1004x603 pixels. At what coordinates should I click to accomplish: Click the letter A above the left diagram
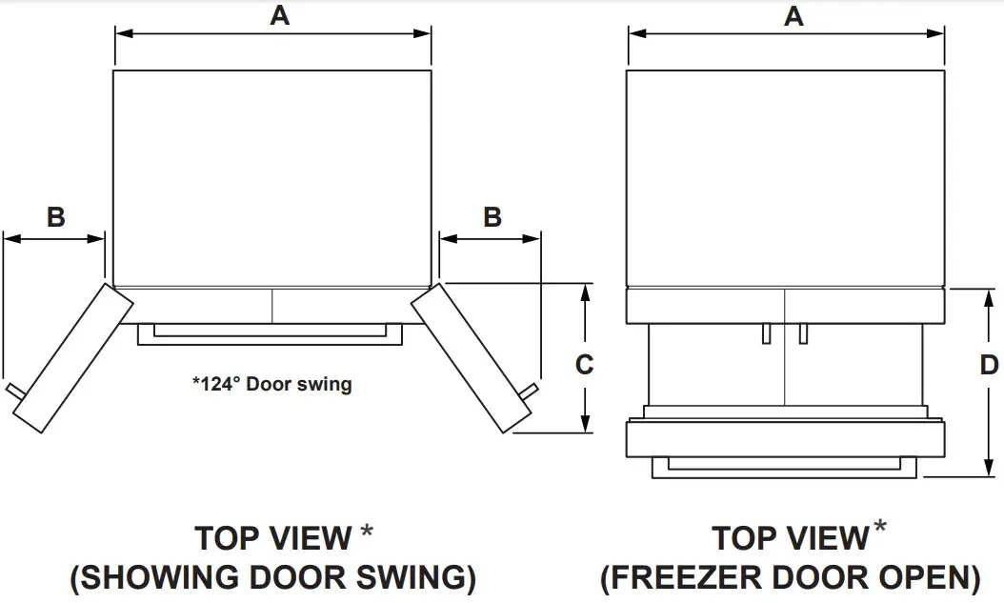(279, 15)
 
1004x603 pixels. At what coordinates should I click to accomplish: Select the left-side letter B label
(56, 217)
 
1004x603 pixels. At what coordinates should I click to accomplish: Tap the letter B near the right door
(492, 217)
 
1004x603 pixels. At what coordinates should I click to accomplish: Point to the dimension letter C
(585, 364)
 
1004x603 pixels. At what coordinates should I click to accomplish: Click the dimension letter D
(989, 365)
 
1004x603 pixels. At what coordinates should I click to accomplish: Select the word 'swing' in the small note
(327, 386)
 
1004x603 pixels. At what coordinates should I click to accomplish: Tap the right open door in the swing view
(471, 356)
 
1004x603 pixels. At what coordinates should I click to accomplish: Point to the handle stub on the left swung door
(13, 391)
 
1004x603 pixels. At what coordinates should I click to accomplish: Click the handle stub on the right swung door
(530, 391)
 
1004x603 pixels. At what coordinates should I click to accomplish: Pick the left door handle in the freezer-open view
(766, 332)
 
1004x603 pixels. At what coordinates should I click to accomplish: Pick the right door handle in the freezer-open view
(803, 332)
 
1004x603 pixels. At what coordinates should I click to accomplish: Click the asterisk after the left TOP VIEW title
(366, 532)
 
